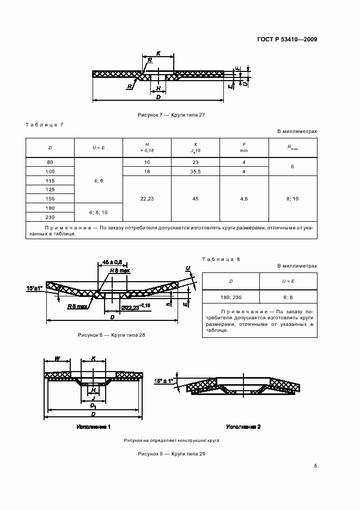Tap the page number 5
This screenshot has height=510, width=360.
[x=315, y=466]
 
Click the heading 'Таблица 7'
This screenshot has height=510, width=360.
[x=45, y=125]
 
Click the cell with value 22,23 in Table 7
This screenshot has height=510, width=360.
[x=148, y=199]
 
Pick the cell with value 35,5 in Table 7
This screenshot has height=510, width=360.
[x=196, y=172]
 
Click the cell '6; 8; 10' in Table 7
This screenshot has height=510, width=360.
[x=98, y=211]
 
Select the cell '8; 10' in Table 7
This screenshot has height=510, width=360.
[x=292, y=199]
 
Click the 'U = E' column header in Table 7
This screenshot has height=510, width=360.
[x=98, y=148]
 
